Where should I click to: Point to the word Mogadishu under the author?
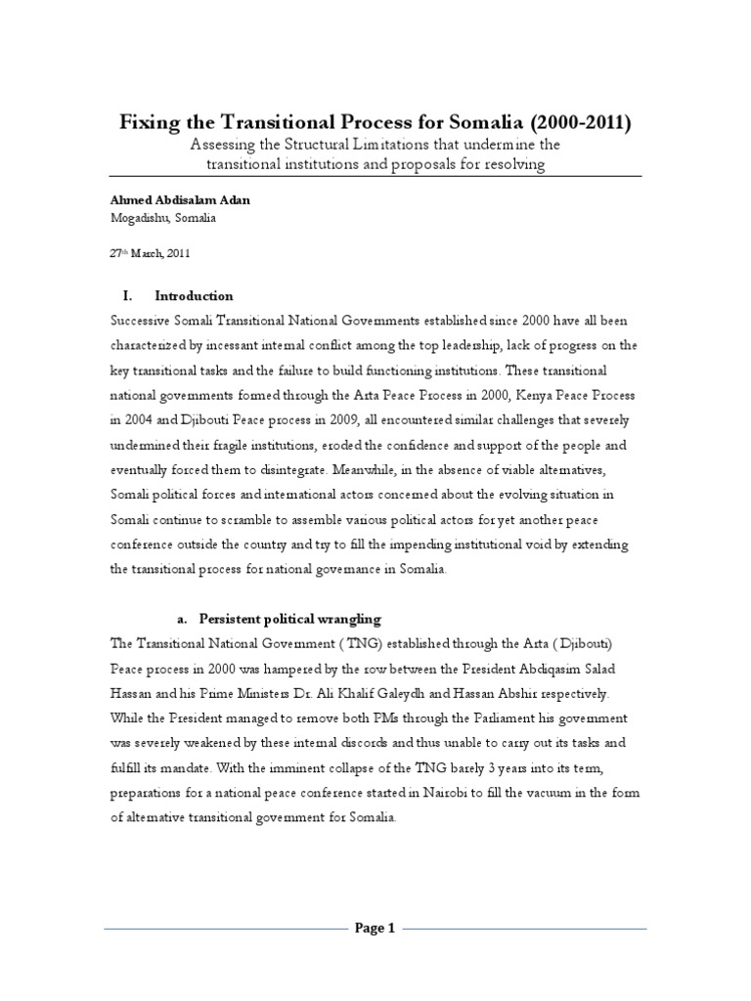(138, 219)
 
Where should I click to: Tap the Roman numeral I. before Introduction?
(126, 296)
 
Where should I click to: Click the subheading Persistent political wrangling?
(290, 620)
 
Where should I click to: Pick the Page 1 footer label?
(375, 929)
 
